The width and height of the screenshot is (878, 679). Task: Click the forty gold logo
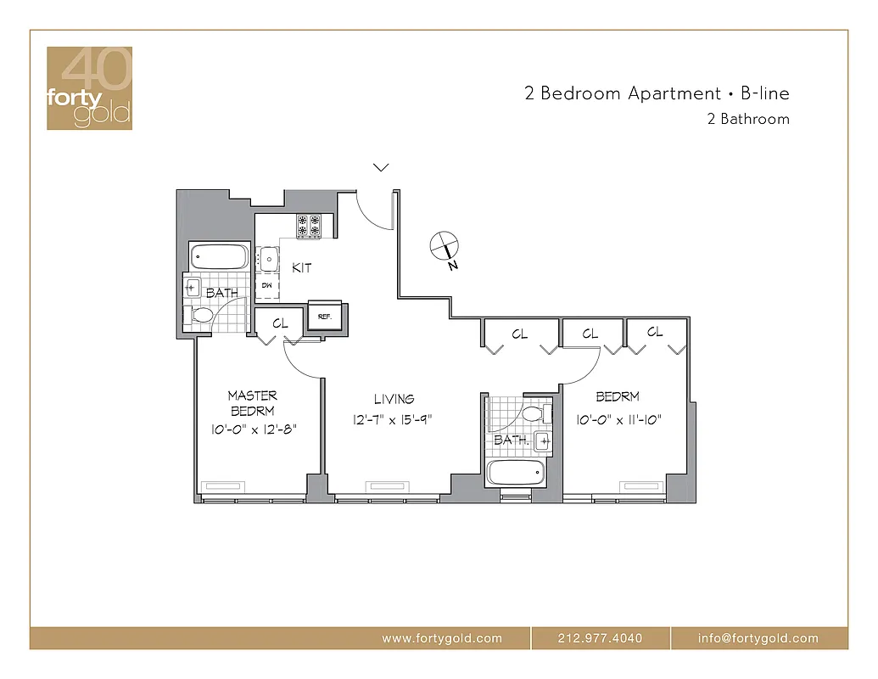pos(89,88)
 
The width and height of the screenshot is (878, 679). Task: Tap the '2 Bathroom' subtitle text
pos(747,120)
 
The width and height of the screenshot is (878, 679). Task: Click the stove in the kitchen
pos(309,225)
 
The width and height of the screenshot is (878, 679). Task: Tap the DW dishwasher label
pos(266,286)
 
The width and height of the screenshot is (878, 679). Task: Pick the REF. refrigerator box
pos(324,314)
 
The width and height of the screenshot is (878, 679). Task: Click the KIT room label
pos(301,267)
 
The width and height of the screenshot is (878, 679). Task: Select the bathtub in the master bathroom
pos(220,256)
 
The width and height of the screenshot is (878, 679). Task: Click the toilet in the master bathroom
pos(200,316)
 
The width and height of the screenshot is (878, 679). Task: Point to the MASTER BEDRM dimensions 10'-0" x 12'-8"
pos(253,429)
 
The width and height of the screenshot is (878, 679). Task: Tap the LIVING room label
pos(394,398)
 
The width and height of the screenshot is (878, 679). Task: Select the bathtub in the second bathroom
pos(515,473)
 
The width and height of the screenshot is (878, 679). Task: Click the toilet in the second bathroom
pos(534,413)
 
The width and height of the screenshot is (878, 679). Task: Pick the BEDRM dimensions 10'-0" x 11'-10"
pos(618,419)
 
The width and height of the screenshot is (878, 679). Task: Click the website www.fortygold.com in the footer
pos(441,638)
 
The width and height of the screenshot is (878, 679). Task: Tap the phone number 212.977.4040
pos(601,638)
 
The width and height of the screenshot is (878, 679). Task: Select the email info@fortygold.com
pos(758,638)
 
